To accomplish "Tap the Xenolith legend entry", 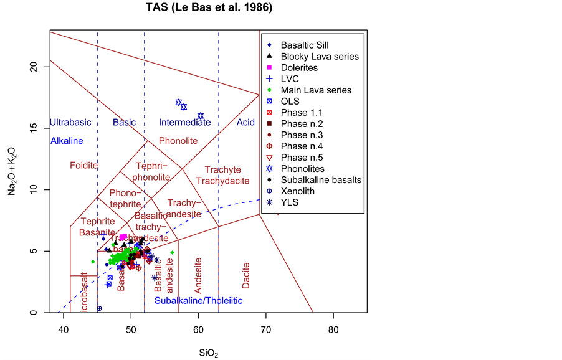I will (x=300, y=191).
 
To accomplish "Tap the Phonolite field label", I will (x=178, y=141).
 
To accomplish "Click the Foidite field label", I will (x=83, y=165).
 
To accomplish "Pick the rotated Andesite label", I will (x=198, y=276).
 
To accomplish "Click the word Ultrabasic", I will (x=70, y=122).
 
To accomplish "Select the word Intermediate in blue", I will (x=184, y=122).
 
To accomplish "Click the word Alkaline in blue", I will (x=67, y=141).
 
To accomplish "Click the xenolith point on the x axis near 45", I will (x=99, y=308).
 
